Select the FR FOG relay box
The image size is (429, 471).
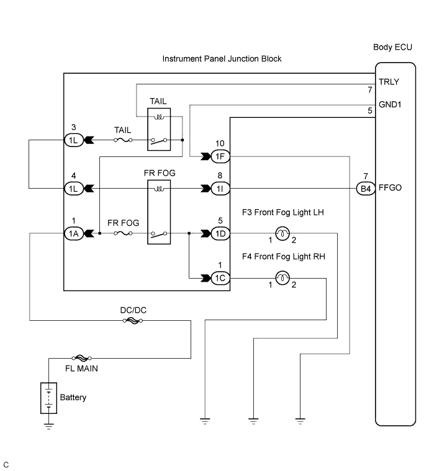(160, 210)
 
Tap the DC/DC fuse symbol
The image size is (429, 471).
(133, 321)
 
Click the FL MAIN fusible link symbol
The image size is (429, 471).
(83, 358)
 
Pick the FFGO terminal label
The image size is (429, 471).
(391, 186)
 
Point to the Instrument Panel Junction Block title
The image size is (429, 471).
(222, 59)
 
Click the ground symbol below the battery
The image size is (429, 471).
(48, 426)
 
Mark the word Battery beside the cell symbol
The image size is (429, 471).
(73, 397)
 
